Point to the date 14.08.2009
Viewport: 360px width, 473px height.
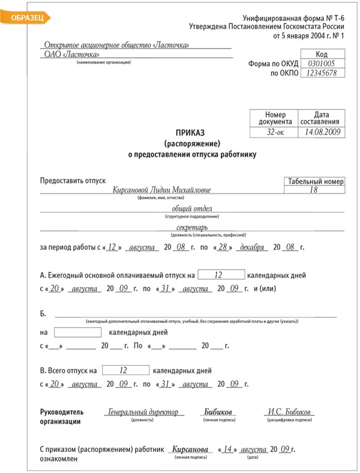click(x=322, y=130)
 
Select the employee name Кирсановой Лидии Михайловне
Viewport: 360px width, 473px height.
click(x=161, y=190)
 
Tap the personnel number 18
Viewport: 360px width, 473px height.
click(x=313, y=190)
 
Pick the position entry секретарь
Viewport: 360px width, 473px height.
click(x=193, y=228)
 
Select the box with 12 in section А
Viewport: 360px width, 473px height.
click(x=221, y=274)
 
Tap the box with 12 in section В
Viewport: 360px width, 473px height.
click(x=125, y=370)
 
